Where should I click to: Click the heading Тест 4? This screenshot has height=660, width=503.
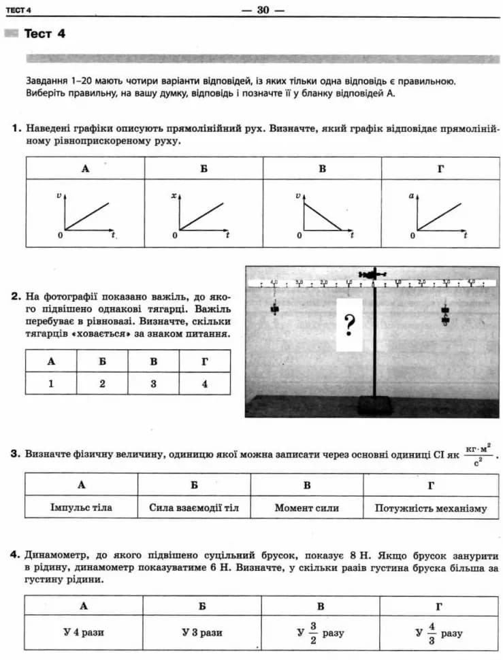(x=44, y=34)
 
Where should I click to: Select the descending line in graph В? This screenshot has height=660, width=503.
(x=323, y=217)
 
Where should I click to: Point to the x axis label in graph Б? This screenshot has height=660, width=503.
(x=174, y=196)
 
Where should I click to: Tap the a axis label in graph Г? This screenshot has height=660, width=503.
(x=412, y=196)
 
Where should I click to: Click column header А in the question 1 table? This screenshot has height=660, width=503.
(x=85, y=168)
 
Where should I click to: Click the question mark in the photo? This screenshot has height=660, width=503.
(x=349, y=325)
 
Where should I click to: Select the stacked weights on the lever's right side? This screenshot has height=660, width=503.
(x=446, y=314)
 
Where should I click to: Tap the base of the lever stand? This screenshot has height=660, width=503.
(x=375, y=406)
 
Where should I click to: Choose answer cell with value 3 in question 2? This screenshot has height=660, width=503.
(x=154, y=383)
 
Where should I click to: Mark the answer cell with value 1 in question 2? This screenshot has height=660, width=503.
(x=51, y=383)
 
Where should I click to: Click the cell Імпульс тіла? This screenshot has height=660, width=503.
(x=82, y=508)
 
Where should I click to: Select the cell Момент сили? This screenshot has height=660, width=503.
(x=307, y=508)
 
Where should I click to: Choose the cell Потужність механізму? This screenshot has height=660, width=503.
(x=431, y=508)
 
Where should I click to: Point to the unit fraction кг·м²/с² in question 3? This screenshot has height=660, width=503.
(x=478, y=455)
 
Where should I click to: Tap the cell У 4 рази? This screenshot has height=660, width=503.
(x=84, y=632)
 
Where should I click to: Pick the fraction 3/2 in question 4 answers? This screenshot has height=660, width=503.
(x=314, y=632)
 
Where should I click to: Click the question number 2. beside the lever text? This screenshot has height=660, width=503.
(x=16, y=297)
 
